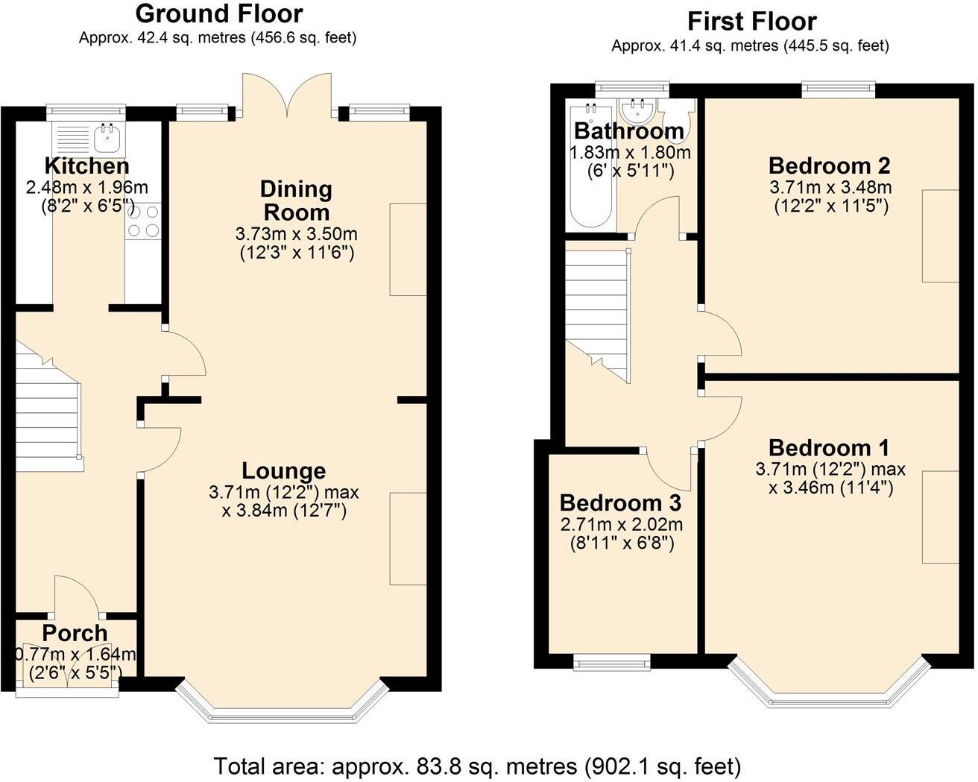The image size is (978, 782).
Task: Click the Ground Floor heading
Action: click(219, 14)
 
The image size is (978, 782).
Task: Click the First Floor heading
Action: click(751, 22)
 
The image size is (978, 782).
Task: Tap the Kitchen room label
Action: click(86, 166)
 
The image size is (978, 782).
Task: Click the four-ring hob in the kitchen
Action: click(143, 221)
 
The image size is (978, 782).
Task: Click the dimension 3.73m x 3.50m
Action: click(297, 234)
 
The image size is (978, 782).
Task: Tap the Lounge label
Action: click(283, 471)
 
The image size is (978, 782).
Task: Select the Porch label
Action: click(75, 634)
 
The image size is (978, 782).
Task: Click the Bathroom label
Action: click(629, 131)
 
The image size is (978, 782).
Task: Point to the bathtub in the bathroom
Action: click(591, 165)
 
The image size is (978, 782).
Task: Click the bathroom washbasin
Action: click(638, 111)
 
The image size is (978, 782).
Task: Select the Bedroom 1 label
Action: click(829, 448)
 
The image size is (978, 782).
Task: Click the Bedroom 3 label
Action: click(620, 503)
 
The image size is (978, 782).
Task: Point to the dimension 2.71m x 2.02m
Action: click(621, 525)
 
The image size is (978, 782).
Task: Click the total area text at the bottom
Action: click(477, 766)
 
